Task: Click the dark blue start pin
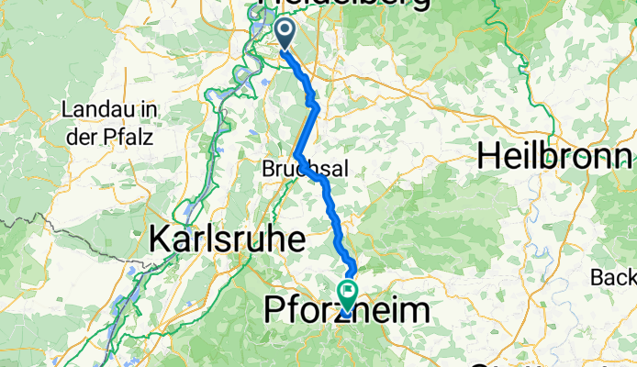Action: [x=285, y=35]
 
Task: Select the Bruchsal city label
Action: [x=302, y=171]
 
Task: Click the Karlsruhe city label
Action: [x=226, y=240]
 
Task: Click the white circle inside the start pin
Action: [x=285, y=31]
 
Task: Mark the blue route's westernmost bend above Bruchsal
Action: [x=296, y=156]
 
